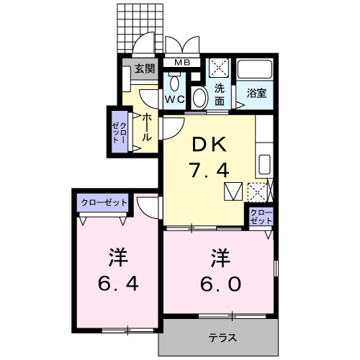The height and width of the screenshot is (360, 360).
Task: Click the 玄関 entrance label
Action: pos(144,69)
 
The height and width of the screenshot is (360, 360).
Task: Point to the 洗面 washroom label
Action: pos(220,96)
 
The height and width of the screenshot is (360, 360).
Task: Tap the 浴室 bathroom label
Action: pos(256,92)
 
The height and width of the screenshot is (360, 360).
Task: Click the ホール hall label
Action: pos(146,127)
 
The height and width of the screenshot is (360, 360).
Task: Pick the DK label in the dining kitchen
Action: pos(209,145)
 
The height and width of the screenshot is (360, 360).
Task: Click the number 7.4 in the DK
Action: pos(209,172)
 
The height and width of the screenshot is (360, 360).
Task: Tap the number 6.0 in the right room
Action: pos(216,283)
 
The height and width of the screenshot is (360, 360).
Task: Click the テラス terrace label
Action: pos(223,337)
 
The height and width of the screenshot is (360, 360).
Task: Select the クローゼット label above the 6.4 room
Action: pos(102,202)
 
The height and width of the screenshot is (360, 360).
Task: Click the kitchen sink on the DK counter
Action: pos(264,163)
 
